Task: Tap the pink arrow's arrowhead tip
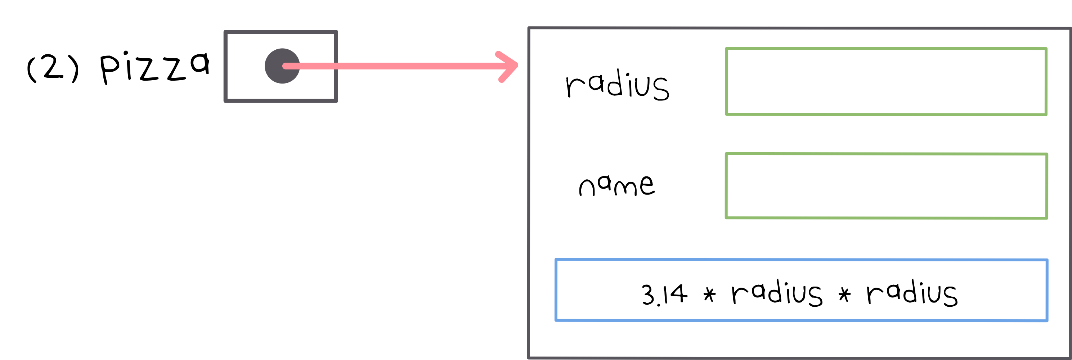pyautogui.click(x=517, y=65)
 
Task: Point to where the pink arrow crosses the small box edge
pyautogui.click(x=336, y=66)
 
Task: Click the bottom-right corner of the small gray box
pyautogui.click(x=336, y=101)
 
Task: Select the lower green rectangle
pyautogui.click(x=887, y=186)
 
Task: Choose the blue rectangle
pyautogui.click(x=801, y=290)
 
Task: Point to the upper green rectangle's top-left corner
pyautogui.click(x=727, y=49)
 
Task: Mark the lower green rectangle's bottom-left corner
pyautogui.click(x=727, y=218)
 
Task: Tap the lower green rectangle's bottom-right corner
pyautogui.click(x=1047, y=218)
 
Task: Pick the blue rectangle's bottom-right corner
pyautogui.click(x=1047, y=320)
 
